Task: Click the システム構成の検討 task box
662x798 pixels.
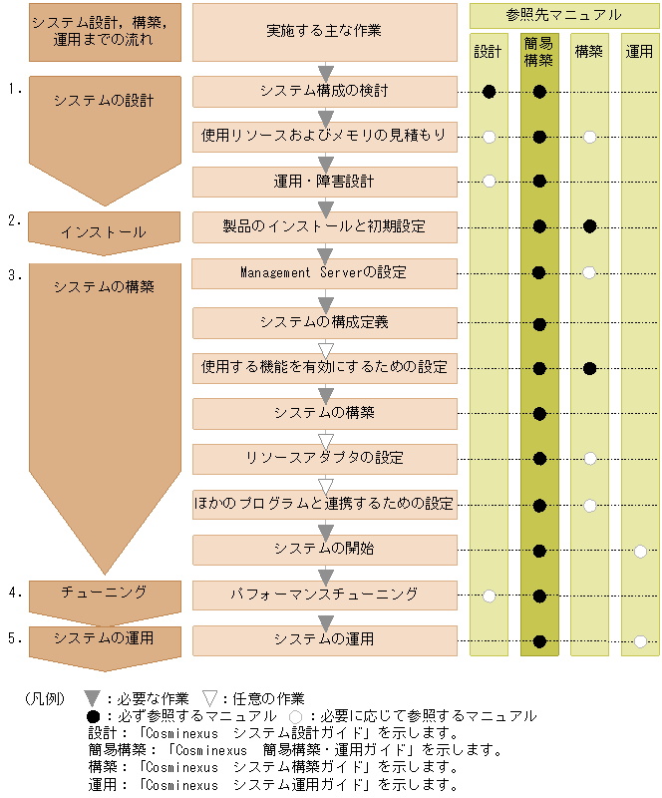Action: point(324,91)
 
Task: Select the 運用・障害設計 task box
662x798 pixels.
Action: point(324,182)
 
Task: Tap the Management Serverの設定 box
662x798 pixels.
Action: point(324,272)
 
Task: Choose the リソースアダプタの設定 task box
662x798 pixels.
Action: point(324,459)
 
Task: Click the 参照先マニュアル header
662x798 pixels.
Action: point(563,15)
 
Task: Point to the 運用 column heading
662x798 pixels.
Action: point(640,51)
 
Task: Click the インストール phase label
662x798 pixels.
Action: point(104,231)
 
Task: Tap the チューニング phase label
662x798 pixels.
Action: point(104,593)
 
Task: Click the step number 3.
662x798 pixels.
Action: point(15,275)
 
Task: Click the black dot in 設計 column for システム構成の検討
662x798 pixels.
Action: point(489,92)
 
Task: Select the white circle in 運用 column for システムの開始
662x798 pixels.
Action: point(640,551)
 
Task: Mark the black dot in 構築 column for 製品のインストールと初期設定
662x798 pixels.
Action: point(589,226)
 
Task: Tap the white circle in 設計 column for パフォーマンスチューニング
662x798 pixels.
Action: point(489,597)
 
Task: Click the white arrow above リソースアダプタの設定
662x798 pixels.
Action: point(325,439)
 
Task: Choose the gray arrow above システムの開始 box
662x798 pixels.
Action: point(325,530)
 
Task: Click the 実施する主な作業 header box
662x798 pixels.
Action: point(324,31)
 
